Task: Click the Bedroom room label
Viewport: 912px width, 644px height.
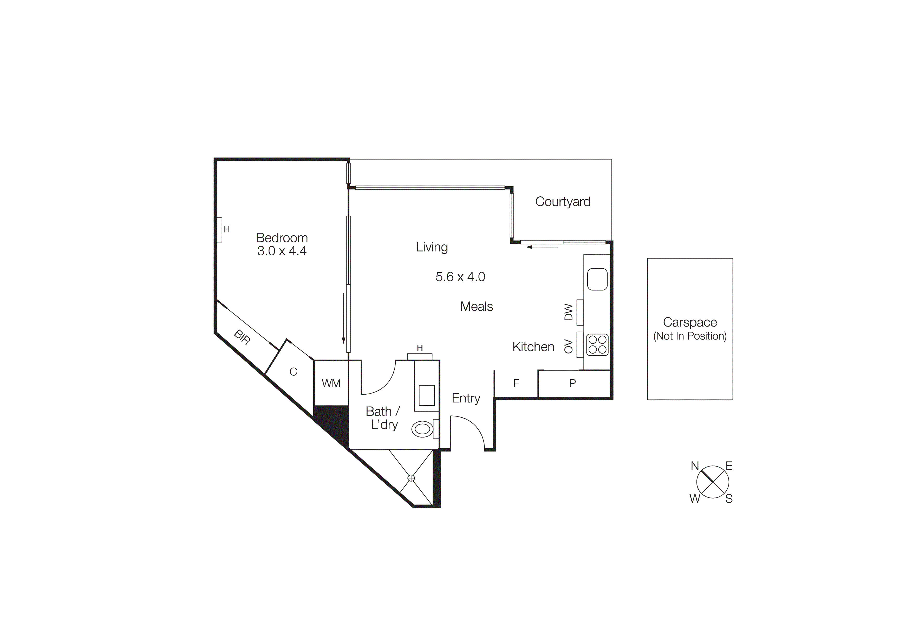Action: click(x=282, y=238)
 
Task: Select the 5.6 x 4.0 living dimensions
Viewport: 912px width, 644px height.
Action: click(x=460, y=277)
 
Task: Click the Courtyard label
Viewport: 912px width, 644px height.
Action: click(x=562, y=202)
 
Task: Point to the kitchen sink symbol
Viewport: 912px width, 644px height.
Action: click(x=597, y=279)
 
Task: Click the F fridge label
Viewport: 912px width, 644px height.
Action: click(x=516, y=383)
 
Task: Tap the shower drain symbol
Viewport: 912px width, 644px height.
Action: click(x=411, y=478)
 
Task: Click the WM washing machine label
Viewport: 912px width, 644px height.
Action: click(x=331, y=383)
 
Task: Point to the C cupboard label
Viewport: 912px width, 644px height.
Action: click(x=293, y=372)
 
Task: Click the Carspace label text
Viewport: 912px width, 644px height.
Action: click(x=689, y=322)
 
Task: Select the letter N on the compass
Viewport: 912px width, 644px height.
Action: click(x=695, y=466)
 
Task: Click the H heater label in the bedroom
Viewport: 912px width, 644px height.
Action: click(x=227, y=229)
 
